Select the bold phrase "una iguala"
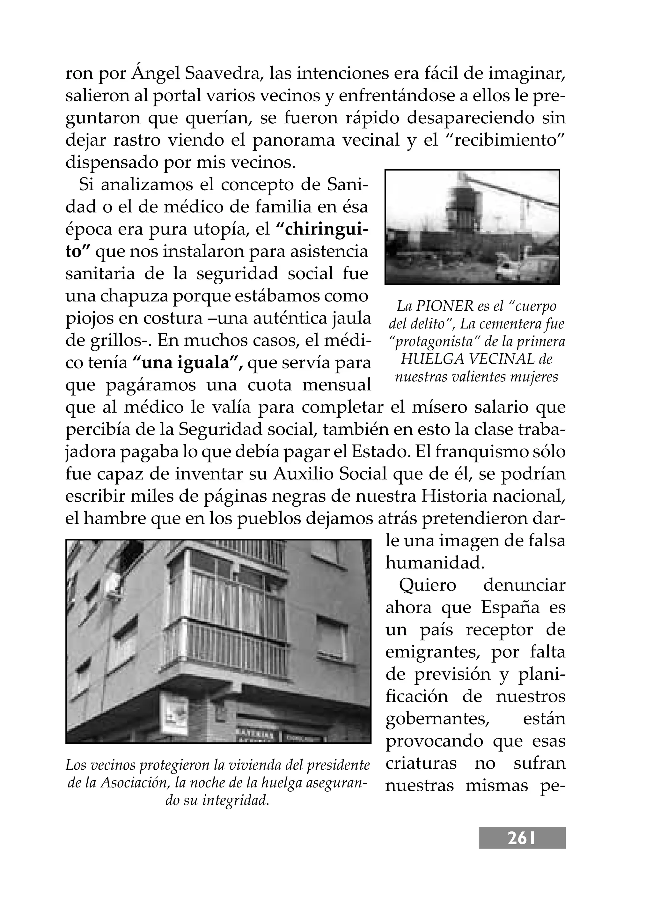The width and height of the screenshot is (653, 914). click(187, 363)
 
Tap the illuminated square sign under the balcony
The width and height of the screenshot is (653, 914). click(174, 714)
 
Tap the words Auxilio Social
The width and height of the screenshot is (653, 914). click(330, 474)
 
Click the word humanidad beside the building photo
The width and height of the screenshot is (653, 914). click(435, 563)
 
